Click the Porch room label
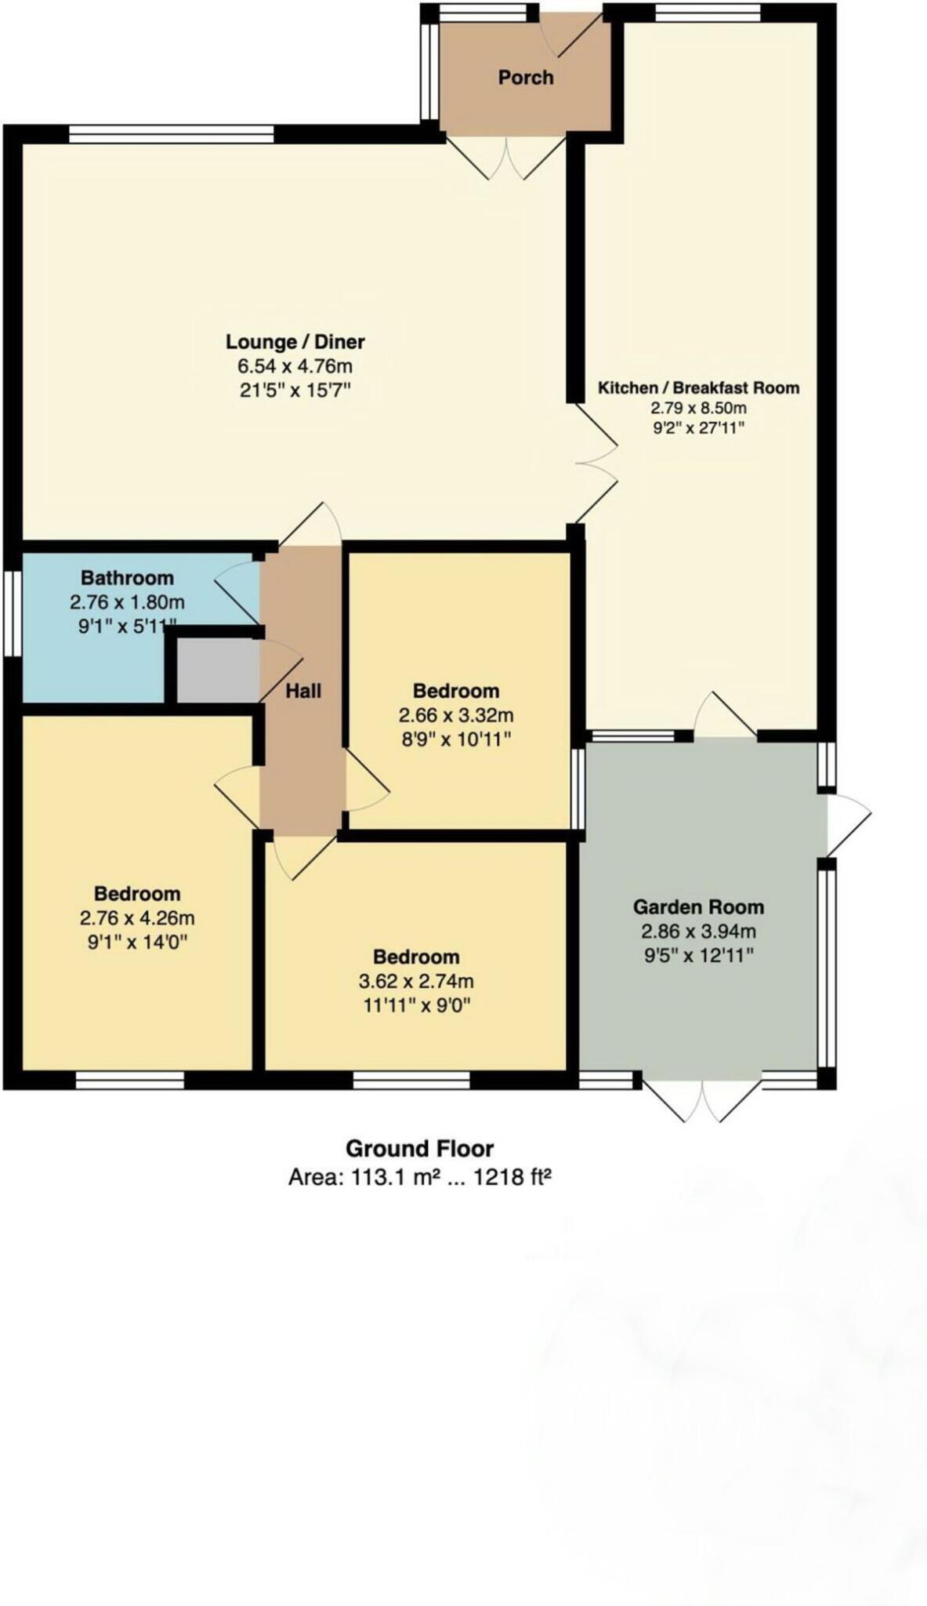525,77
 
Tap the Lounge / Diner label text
295,341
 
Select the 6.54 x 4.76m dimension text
295,365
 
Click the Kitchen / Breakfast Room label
697,387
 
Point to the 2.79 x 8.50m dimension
697,408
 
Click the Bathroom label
127,578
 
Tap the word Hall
302,691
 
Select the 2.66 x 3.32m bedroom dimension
455,715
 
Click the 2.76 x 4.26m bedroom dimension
136,917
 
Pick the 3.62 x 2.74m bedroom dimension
415,981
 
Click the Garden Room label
697,907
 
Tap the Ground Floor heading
419,1149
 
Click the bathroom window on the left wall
12,612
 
